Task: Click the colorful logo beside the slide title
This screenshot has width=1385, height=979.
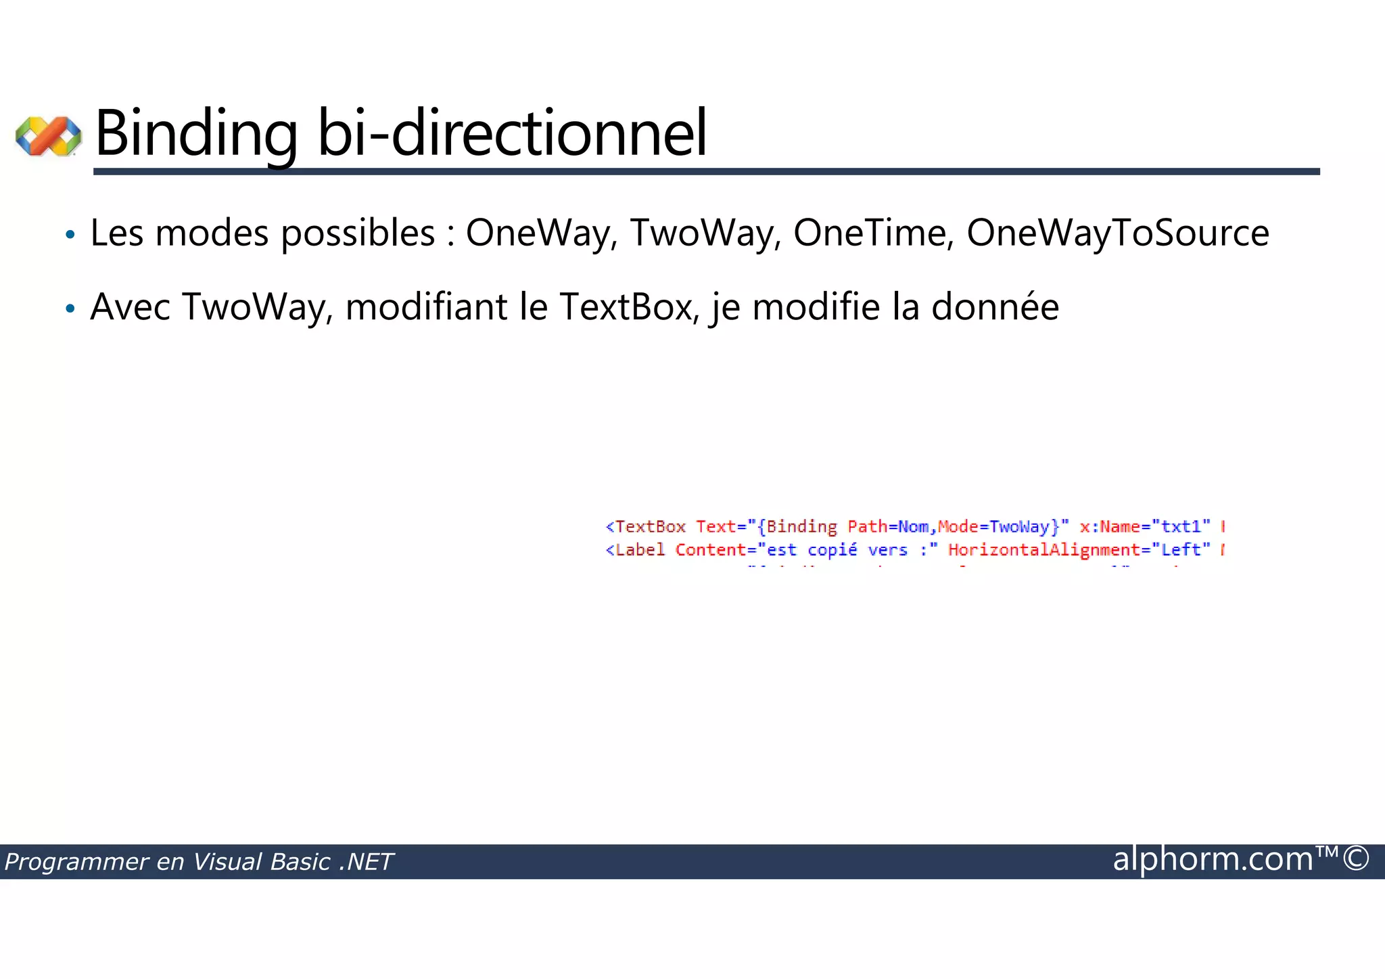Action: pos(48,136)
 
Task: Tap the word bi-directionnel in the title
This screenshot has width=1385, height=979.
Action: pos(512,133)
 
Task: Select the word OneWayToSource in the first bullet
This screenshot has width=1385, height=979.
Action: pos(1117,234)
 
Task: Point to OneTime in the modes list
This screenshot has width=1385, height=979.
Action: pos(873,234)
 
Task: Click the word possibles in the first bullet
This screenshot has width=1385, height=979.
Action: pos(358,234)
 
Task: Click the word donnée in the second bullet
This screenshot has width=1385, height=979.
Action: pos(995,307)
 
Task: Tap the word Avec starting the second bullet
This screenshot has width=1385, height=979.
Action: pos(130,307)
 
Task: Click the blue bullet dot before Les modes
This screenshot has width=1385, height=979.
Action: pos(70,235)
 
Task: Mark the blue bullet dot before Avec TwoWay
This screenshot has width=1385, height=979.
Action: pos(70,309)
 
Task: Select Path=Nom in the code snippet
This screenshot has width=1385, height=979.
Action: pos(888,527)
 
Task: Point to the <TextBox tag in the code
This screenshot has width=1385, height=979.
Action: pos(646,527)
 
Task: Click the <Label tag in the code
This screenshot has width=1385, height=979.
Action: pos(636,550)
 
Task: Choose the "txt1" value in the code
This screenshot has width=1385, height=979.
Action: pos(1181,527)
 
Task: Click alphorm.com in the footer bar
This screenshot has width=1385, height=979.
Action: pos(1213,859)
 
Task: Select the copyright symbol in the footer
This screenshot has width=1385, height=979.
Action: pos(1356,859)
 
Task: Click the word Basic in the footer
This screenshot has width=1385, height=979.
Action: pos(300,862)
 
